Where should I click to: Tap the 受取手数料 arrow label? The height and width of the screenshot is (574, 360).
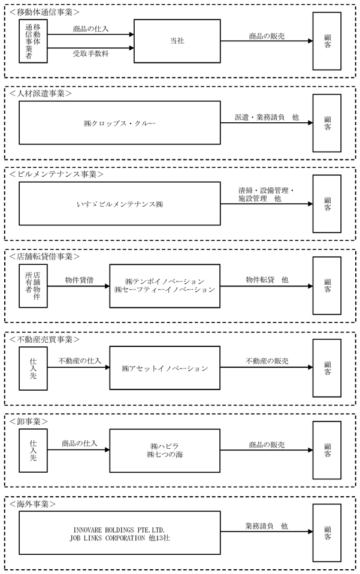point(90,54)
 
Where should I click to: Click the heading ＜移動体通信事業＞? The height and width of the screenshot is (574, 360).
point(44,12)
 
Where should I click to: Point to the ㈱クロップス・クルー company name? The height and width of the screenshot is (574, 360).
point(120,123)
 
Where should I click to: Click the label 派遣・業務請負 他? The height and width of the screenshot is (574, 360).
point(267,117)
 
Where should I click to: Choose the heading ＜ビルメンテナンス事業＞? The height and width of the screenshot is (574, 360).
point(56,174)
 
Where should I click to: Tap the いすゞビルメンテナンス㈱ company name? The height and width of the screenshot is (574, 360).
point(120,204)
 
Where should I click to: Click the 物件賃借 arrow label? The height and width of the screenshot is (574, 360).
point(80,280)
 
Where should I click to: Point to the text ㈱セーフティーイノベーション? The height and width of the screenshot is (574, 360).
point(165,289)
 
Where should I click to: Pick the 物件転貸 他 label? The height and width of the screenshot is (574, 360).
point(267,280)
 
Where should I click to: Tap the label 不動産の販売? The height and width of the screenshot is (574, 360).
point(267,361)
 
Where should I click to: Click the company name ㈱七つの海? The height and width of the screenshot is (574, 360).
point(165,455)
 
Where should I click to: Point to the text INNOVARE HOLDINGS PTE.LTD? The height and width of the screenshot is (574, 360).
point(119,530)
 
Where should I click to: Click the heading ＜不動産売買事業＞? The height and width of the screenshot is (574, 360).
point(44,339)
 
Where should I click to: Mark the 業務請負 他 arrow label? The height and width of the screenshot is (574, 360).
point(267,526)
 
